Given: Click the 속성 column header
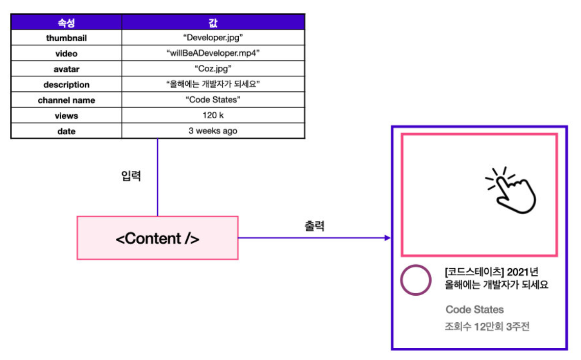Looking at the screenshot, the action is coord(66,22).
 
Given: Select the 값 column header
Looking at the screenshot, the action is coord(213,22).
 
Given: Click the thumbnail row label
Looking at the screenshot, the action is coord(66,38).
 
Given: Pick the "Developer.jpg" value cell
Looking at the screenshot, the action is coord(213,38).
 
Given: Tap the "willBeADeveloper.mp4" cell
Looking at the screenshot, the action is coord(213,54).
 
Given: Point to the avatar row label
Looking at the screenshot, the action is coord(66,69).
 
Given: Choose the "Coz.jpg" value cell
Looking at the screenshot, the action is coord(213,69).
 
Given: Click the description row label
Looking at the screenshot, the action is coord(66,85).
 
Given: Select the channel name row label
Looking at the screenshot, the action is coord(66,100).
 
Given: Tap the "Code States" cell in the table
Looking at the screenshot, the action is coord(213,100).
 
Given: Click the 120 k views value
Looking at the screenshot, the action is coord(213,116).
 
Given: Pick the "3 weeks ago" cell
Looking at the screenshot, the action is coord(213,131).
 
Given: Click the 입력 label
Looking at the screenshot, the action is coord(131,177).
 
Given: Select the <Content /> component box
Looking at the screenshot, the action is coord(157,238).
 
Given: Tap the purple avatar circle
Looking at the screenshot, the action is coord(416,280).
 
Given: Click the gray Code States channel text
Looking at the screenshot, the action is coord(474,310).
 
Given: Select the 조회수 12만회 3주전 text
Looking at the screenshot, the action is coord(487,326).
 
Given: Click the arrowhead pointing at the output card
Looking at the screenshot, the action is coord(387,238).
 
